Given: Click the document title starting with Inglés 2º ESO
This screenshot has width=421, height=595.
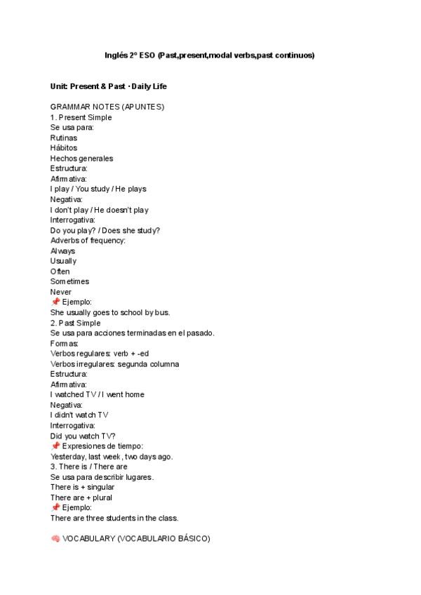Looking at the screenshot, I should coord(210,55).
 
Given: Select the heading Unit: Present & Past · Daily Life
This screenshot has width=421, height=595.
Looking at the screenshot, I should coord(108,86).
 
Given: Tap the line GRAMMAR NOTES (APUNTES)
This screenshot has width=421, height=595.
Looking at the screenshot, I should coord(107,107).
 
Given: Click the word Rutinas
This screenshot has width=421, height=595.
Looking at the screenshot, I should coord(64,138).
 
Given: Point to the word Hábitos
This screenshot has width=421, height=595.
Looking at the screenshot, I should coord(64,148).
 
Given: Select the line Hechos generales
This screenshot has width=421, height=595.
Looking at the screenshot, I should coord(81,159).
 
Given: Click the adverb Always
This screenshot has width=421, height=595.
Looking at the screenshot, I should coord(62,251).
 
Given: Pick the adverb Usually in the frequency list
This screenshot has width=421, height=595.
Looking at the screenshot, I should coord(63,261).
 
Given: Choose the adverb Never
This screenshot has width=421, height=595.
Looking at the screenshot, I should coord(60,292).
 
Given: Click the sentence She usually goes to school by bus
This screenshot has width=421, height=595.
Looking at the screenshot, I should coord(110,312).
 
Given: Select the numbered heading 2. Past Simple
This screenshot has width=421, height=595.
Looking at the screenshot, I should coord(75,323).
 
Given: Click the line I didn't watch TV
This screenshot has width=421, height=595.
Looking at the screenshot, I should coord(79,415).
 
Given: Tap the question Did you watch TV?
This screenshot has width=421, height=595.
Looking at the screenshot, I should coord(83,436).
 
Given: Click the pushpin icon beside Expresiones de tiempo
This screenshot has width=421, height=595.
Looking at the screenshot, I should coord(55,446).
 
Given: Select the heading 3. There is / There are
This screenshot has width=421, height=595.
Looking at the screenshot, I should coord(88,467).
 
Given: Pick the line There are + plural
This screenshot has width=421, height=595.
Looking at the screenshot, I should coord(81,497).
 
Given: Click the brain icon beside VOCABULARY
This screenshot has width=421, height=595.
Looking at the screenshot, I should coord(55,539).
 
